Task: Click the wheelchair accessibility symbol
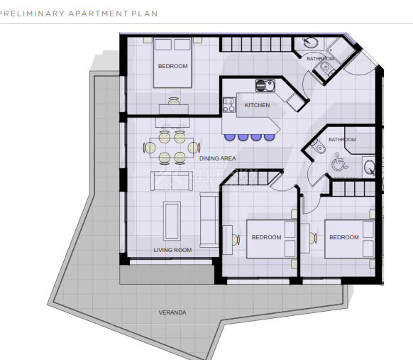[337, 163]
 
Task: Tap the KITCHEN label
[257, 105]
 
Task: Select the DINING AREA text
[217, 158]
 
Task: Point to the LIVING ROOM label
[172, 250]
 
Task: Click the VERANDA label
[172, 312]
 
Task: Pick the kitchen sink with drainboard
[265, 86]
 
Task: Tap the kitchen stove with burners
[229, 105]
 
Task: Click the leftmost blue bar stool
[230, 137]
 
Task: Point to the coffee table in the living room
[172, 220]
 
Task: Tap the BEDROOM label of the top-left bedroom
[172, 66]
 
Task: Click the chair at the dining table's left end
[150, 148]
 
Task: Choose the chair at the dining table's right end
[193, 148]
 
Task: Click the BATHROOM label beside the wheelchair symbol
[342, 140]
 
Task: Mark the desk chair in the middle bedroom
[232, 238]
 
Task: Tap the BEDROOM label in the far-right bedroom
[344, 237]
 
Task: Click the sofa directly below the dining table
[171, 181]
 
